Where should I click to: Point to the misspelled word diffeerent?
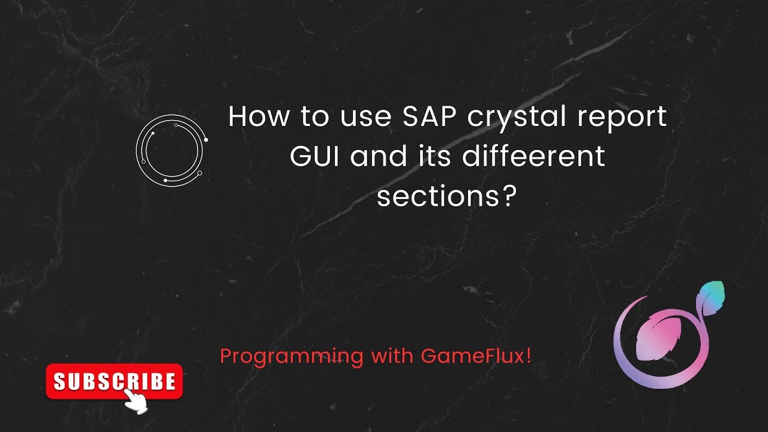pyautogui.click(x=534, y=157)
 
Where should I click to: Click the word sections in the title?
pyautogui.click(x=437, y=196)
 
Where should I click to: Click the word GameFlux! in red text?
pyautogui.click(x=476, y=356)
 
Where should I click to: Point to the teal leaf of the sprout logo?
pyautogui.click(x=712, y=298)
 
